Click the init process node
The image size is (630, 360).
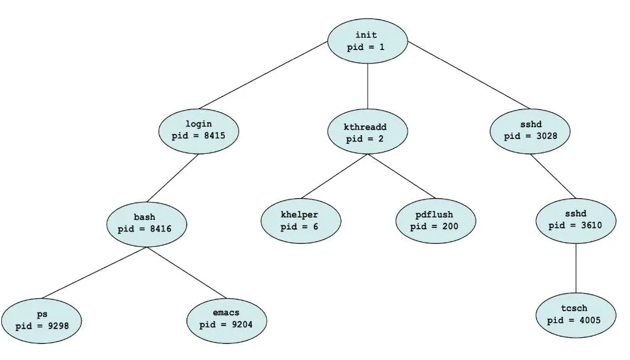(367, 41)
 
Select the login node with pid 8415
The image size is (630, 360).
(198, 130)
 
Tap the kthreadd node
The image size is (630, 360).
(367, 133)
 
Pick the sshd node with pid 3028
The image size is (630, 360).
(531, 130)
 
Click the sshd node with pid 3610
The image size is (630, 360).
(576, 220)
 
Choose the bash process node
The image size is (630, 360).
(146, 223)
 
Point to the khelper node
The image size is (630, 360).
(300, 220)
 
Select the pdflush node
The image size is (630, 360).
(435, 220)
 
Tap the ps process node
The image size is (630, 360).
(41, 320)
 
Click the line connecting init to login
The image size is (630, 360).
(262, 75)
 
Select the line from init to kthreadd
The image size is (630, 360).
(367, 86)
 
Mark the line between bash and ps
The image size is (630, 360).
(94, 272)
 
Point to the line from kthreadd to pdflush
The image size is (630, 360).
(401, 175)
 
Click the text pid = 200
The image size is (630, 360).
(435, 226)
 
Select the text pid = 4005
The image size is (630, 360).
(575, 320)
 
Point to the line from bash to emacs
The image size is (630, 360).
(187, 272)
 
